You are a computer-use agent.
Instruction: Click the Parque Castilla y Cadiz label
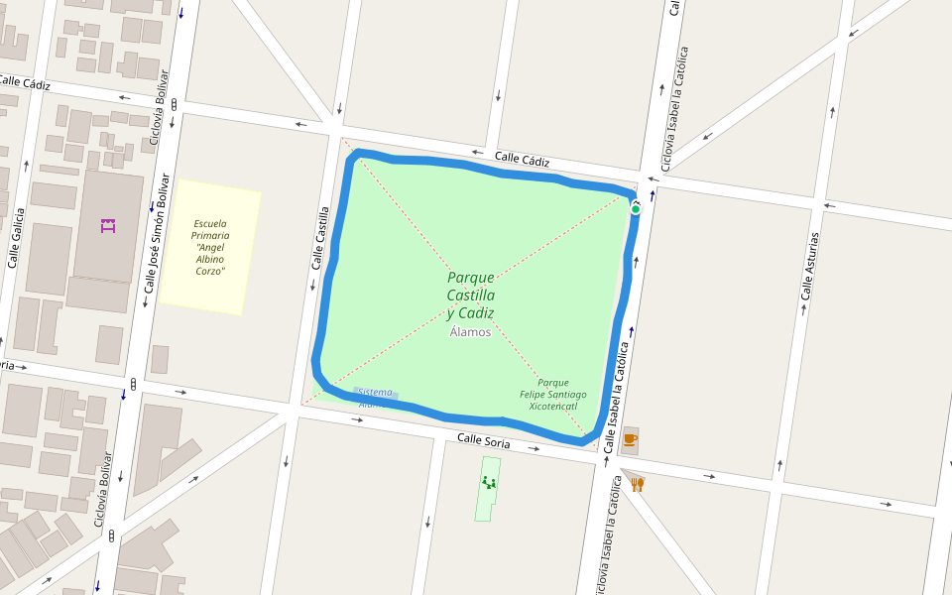pos(470,295)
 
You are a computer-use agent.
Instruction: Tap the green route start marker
pos(636,208)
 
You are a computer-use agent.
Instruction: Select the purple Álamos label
pos(470,332)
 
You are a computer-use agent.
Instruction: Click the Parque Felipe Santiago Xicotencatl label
pos(553,394)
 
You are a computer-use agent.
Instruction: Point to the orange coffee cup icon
pos(630,439)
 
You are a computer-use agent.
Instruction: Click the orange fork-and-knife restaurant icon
pos(638,484)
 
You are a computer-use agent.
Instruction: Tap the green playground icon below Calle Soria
pos(488,483)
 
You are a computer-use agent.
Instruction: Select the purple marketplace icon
pos(108,225)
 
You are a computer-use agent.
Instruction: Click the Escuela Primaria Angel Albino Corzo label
pos(210,247)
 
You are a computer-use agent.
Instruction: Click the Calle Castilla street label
pos(320,238)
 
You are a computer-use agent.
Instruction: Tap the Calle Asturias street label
pos(810,267)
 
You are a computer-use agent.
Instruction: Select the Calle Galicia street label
pos(15,238)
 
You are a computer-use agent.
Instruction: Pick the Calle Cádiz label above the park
pos(522,159)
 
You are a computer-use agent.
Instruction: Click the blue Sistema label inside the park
pos(376,393)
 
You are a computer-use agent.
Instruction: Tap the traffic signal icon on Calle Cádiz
pos(175,104)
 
